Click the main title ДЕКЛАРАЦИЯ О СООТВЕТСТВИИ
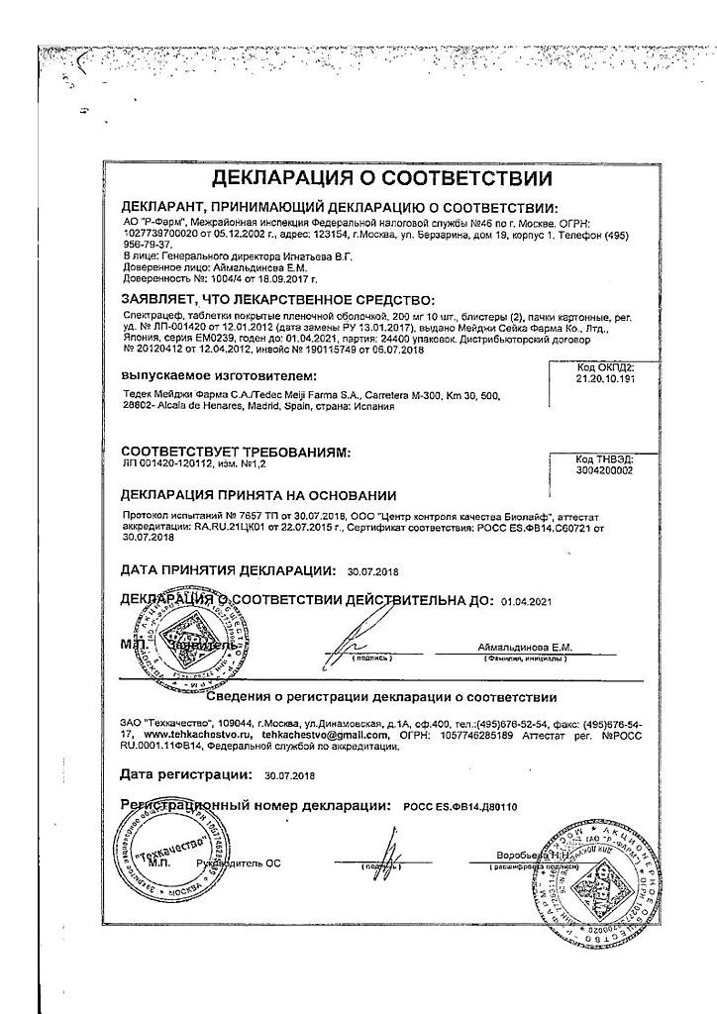tap(368, 179)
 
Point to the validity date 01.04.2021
tap(525, 601)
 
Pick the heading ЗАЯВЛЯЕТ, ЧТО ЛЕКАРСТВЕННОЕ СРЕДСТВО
tap(277, 298)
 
